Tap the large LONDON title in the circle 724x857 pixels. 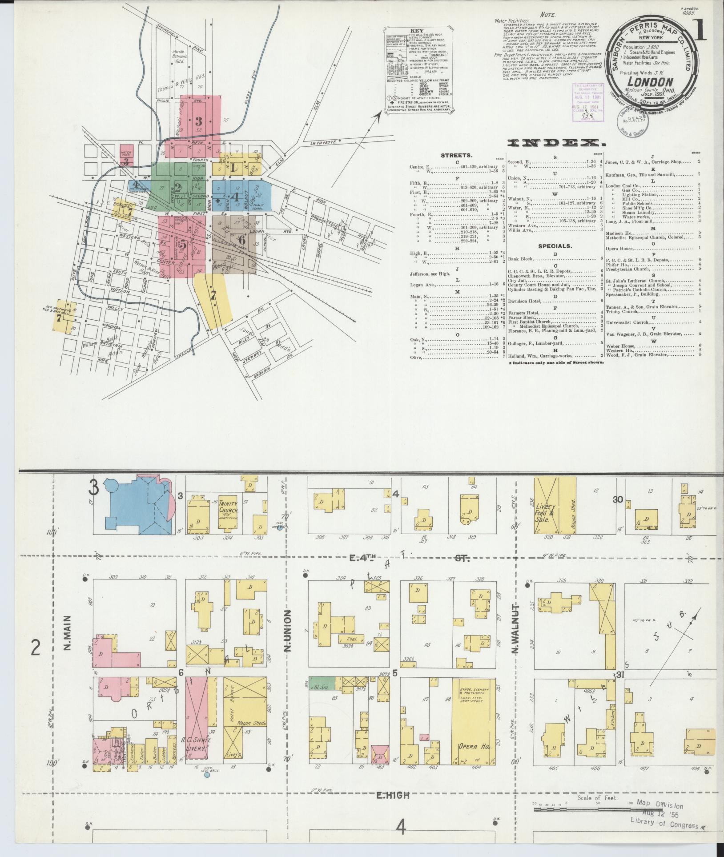pyautogui.click(x=650, y=82)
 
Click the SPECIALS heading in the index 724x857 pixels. pyautogui.click(x=555, y=245)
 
